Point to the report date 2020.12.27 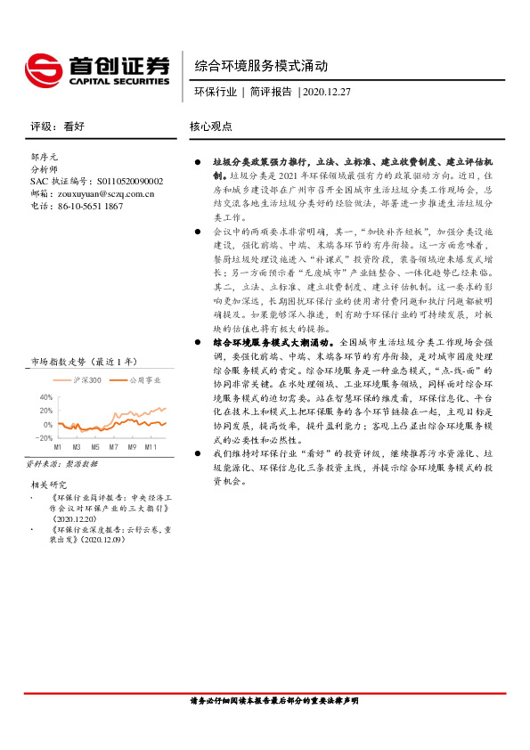pos(327,91)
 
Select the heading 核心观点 pos(210,126)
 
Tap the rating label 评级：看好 pos(56,126)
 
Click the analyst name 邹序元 pos(45,156)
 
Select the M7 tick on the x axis pos(115,446)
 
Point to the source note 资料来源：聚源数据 pos(61,465)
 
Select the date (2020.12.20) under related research pos(79,518)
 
